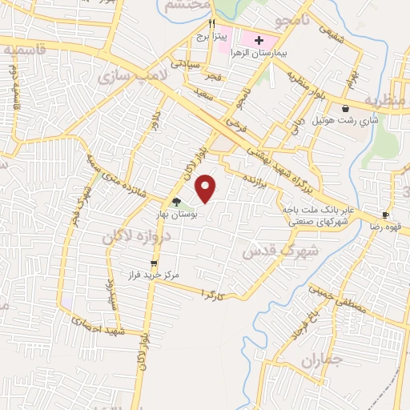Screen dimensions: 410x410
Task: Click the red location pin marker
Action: [x=207, y=188]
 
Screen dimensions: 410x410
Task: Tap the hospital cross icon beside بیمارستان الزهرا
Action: [x=259, y=40]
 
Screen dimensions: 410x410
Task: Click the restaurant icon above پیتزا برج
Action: [x=211, y=23]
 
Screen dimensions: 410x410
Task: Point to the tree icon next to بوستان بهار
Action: [x=176, y=202]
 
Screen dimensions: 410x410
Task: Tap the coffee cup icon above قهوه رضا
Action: [x=385, y=215]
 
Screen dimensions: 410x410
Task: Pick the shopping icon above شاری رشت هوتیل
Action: [x=345, y=108]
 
